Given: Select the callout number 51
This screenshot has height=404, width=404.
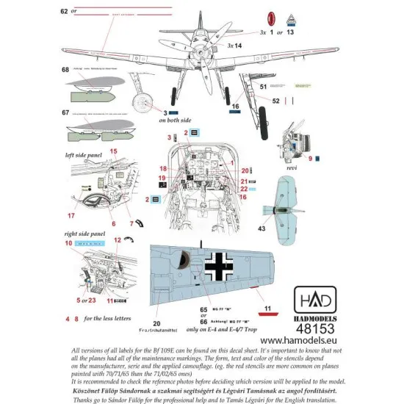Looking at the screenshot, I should pyautogui.click(x=262, y=86).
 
